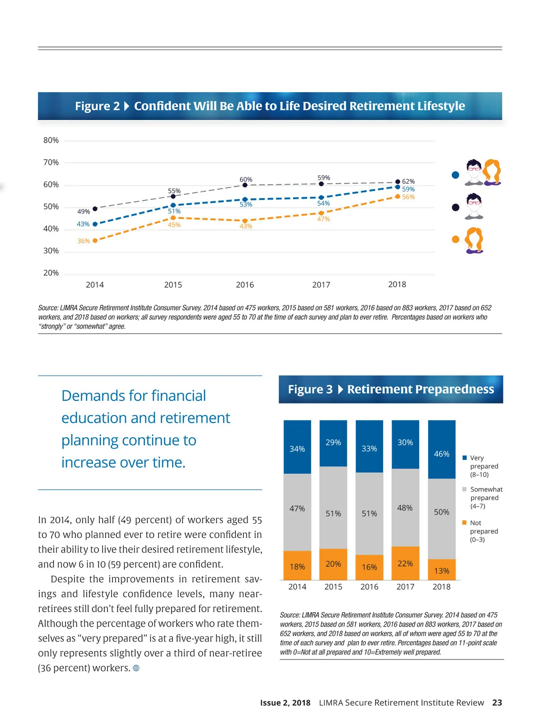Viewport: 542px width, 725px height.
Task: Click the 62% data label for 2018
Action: (x=408, y=181)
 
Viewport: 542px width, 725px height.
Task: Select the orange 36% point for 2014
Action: (x=95, y=241)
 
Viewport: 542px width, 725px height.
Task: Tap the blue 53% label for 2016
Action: (x=246, y=204)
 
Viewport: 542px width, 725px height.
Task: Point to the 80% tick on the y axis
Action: (x=51, y=140)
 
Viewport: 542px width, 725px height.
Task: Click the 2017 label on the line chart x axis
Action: (x=321, y=285)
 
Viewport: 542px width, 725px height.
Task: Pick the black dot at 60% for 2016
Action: (x=245, y=185)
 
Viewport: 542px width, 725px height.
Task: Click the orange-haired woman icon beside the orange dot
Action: (x=474, y=240)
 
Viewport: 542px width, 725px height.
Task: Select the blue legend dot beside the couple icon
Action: (x=455, y=175)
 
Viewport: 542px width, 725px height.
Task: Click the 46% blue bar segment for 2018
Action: (x=441, y=450)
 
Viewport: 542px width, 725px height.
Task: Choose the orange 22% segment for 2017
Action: (x=405, y=563)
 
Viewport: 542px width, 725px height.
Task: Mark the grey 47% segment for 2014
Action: (x=297, y=512)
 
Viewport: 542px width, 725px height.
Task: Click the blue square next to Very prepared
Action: (x=464, y=458)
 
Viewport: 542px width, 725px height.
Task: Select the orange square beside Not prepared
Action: (x=464, y=523)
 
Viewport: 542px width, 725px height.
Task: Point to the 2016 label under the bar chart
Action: (x=369, y=587)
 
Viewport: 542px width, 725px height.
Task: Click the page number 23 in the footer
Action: (x=497, y=703)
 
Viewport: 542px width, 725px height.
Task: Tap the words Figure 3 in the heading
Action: (x=310, y=390)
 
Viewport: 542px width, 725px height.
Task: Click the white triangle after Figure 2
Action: (x=126, y=106)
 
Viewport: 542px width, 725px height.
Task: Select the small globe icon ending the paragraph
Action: (x=136, y=668)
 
